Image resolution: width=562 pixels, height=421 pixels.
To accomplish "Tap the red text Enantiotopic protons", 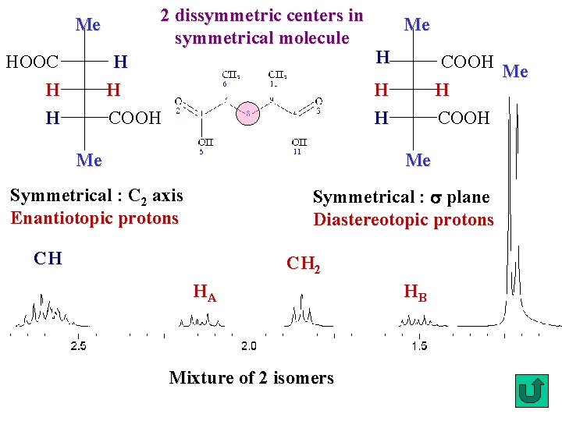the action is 94,218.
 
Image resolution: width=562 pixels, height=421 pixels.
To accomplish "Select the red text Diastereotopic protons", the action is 404,220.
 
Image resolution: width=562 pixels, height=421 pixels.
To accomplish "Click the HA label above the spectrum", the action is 205,294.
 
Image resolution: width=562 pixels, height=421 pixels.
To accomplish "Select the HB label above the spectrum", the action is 415,293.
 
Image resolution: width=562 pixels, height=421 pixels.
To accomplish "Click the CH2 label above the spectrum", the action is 303,264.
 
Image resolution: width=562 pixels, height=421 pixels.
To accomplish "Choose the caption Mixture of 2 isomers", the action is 251,378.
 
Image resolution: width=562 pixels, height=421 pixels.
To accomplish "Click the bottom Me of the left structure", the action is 89,160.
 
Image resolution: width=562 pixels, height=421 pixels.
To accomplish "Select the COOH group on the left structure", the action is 134,119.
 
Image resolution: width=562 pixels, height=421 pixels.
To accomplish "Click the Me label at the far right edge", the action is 516,72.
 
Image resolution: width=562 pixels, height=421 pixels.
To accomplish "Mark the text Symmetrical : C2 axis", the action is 97,196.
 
